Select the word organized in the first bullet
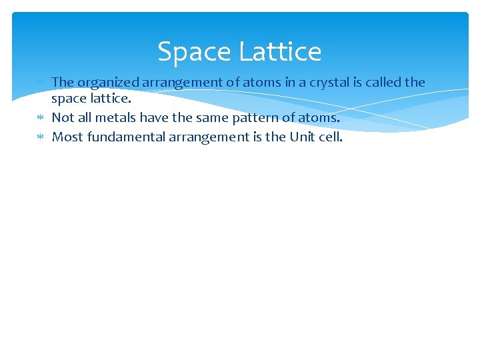coord(108,83)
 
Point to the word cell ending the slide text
coord(331,137)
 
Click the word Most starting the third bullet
coord(65,137)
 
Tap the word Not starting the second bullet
coord(63,118)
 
